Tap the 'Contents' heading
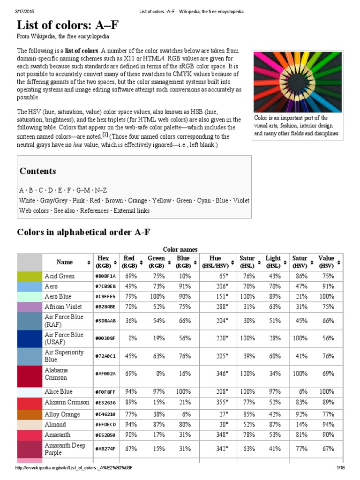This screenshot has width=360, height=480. pyautogui.click(x=37, y=171)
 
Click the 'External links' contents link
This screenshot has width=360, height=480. pyautogui.click(x=131, y=211)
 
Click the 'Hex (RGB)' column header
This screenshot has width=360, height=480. pyautogui.click(x=103, y=262)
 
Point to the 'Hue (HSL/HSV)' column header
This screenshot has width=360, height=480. pyautogui.click(x=215, y=262)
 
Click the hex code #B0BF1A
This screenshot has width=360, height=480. pyautogui.click(x=105, y=276)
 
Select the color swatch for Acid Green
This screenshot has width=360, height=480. pyautogui.click(x=30, y=276)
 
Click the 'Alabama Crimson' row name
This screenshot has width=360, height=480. pyautogui.click(x=56, y=374)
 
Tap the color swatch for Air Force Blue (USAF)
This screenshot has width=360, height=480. pyautogui.click(x=30, y=338)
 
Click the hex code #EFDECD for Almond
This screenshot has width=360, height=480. pyautogui.click(x=105, y=425)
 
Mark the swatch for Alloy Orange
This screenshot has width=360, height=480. pyautogui.click(x=30, y=414)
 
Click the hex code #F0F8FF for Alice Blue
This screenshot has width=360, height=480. pyautogui.click(x=105, y=391)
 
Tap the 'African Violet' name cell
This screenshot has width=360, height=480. pyautogui.click(x=63, y=307)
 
